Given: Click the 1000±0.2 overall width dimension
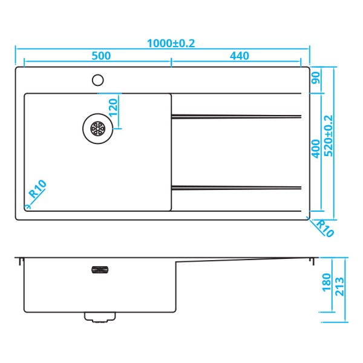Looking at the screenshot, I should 171,43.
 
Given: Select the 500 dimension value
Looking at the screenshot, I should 101,56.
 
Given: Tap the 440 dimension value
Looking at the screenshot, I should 240,56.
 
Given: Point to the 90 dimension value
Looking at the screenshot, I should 316,78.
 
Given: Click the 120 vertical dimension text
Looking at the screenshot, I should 112,109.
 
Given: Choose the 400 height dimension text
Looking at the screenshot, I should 315,148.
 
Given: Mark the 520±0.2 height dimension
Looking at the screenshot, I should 329,136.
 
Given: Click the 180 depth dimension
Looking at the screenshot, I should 327,282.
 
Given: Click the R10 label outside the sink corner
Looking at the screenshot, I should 325,227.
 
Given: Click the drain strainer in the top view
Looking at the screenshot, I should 97,128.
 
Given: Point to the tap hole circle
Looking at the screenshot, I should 97,79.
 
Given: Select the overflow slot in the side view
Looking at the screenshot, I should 99,270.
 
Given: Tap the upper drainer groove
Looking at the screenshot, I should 236,116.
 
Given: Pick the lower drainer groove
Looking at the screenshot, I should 236,186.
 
